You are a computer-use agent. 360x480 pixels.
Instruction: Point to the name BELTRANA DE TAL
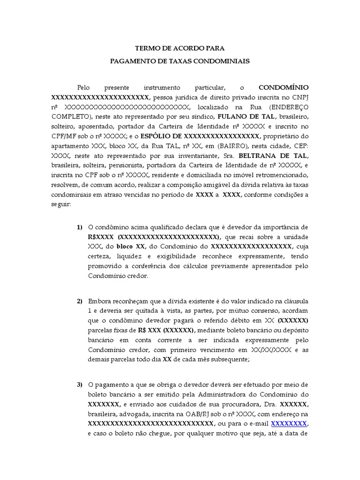click(x=274, y=156)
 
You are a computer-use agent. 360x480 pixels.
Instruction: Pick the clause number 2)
click(x=80, y=301)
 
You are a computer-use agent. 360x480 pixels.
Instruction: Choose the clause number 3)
click(x=80, y=385)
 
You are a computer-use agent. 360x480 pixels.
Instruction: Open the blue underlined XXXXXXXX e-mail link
click(x=289, y=424)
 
